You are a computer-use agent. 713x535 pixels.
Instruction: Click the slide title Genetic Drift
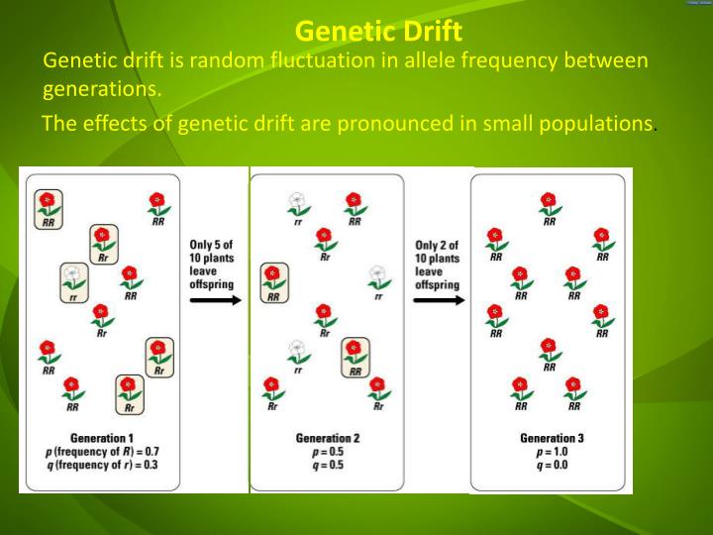click(x=378, y=32)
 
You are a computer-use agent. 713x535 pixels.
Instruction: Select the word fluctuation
click(x=317, y=60)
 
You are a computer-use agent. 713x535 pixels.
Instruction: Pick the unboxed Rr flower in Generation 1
click(x=101, y=318)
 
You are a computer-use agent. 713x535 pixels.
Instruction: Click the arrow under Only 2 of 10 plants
click(x=439, y=299)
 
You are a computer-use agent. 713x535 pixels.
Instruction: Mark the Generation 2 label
click(x=327, y=438)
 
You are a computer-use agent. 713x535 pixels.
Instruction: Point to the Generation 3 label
click(x=551, y=438)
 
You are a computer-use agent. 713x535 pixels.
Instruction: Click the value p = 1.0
click(x=551, y=451)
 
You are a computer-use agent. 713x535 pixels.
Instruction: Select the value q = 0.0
click(x=551, y=464)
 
